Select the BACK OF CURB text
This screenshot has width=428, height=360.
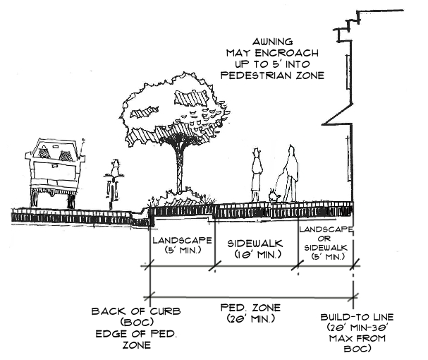click(127, 312)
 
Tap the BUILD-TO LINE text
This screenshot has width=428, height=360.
click(353, 318)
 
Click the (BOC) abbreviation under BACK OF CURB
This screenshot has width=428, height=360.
click(127, 323)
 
